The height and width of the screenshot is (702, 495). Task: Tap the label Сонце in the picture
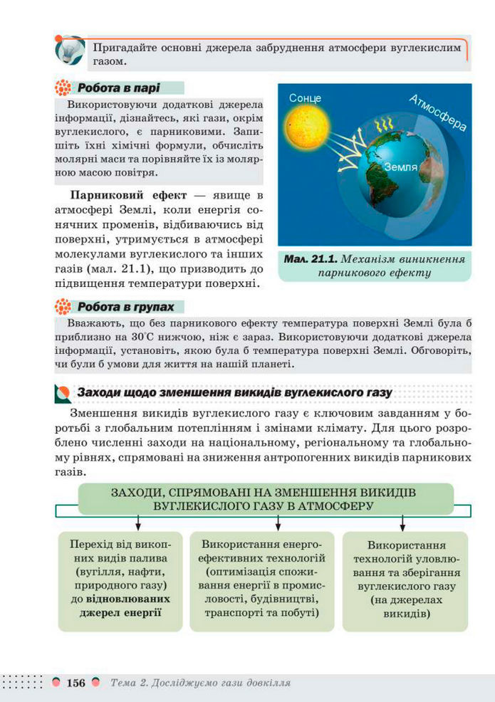(x=305, y=98)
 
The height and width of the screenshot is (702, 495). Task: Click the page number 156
(x=75, y=683)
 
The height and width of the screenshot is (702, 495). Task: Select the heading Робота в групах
(x=125, y=307)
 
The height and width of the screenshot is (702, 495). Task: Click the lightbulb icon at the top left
(x=68, y=51)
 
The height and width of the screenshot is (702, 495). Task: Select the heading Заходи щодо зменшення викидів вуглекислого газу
(x=234, y=392)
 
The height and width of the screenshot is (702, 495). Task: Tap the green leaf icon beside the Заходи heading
(x=63, y=393)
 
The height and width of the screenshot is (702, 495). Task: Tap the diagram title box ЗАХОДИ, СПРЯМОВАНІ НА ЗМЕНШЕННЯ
(x=264, y=499)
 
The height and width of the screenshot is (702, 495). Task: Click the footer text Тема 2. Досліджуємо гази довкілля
(x=200, y=683)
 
